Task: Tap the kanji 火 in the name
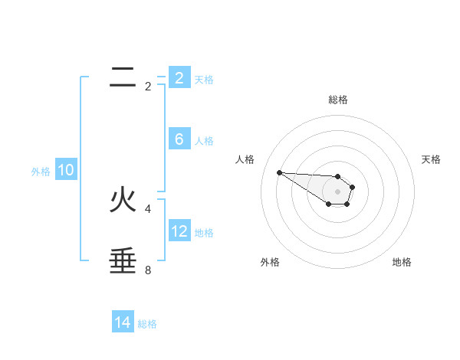coord(123,200)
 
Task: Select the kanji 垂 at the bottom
coord(123,261)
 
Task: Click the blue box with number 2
coord(179,78)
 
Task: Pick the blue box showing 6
coord(179,139)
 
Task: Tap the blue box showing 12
coord(179,231)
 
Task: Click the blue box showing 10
coord(66,170)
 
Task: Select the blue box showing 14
coord(123,323)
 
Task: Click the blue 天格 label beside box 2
coord(204,80)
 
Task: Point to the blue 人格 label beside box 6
coord(204,141)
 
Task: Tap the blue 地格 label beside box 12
coord(204,233)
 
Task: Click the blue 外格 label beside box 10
coord(41,172)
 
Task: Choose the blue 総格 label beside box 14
coord(147,325)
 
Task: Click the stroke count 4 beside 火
coord(148,208)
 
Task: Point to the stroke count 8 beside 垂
coord(148,270)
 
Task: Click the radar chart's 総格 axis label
coord(338,100)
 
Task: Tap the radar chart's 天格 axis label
coord(432,159)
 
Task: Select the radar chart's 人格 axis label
coord(245,159)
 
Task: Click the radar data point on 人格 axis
coord(279,172)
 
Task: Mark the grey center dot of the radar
coord(338,191)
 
